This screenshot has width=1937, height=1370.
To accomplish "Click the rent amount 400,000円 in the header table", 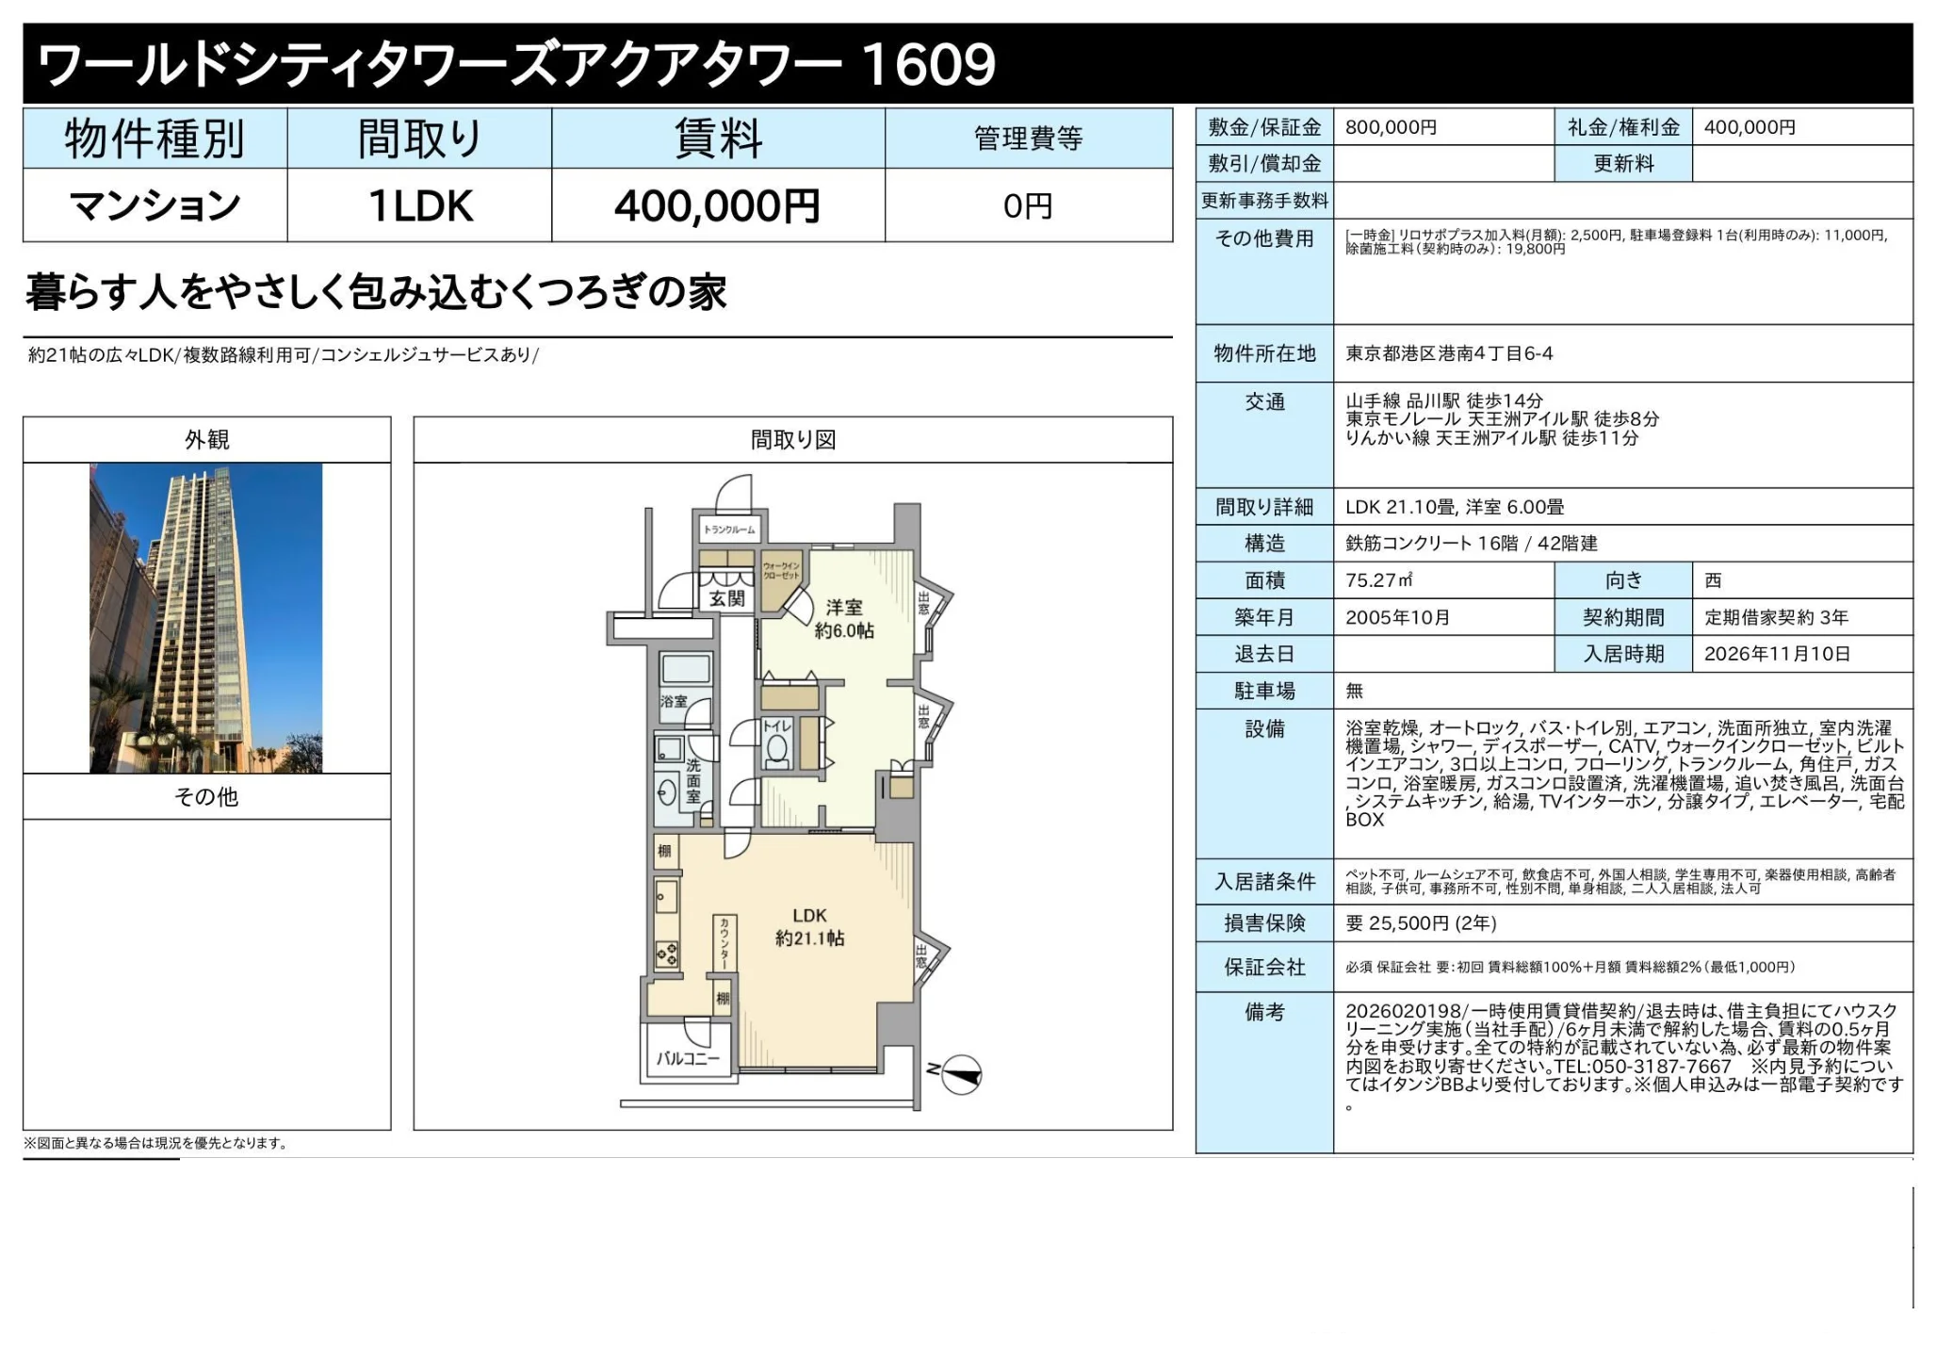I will pos(717,206).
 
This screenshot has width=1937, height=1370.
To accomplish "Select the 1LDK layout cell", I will pos(419,206).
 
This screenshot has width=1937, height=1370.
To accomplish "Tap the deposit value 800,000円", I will pos(1391,127).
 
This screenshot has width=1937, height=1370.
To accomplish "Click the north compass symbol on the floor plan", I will pos(960,1074).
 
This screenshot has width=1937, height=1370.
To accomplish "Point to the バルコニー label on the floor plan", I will pos(688,1058).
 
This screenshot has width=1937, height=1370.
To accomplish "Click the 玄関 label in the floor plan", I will pos(726,598).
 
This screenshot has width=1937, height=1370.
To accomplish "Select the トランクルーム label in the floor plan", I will pos(729,530).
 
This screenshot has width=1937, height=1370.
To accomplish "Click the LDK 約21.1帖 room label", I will pos(809,926).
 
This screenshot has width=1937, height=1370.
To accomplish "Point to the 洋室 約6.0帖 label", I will pos(844,619).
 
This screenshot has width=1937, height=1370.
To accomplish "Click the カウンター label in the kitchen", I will pos(724,943).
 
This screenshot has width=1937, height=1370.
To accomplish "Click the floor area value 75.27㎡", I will pos(1378,580).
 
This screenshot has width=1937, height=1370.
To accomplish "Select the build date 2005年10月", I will pos(1397,617).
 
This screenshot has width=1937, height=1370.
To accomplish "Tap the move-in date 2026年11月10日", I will pos(1777,654).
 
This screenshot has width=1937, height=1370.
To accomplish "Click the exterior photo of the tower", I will pos(206,617).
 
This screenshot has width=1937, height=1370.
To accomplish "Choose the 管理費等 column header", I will pos(1028,139).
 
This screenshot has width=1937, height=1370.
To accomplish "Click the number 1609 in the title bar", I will pos(927,64).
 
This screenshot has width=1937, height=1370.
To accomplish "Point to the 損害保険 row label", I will pos(1264,923).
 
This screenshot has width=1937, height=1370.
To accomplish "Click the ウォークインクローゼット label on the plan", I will pos(781,571).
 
